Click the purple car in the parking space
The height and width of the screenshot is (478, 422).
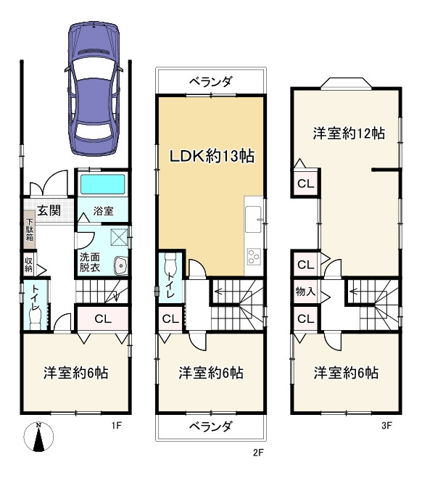coord(94,88)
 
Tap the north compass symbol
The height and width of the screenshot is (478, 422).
coord(38,437)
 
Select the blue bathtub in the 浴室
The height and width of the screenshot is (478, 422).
coord(103,184)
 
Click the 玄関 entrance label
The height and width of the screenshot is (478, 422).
coord(49,210)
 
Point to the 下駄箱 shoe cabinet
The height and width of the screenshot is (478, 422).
coord(30,229)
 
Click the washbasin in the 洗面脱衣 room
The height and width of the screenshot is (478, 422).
coord(121,265)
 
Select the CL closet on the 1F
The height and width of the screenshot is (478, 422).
coord(103,319)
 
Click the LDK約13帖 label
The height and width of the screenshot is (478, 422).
coord(212,156)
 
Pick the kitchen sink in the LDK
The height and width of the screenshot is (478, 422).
coord(253,219)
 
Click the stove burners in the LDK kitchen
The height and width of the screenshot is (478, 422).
coord(254,257)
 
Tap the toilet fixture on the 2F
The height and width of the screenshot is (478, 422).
coord(170,263)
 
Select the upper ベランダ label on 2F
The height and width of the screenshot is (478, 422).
coord(211,81)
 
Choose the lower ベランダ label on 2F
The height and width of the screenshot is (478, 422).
coord(211,427)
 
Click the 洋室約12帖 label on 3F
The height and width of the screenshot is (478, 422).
coord(349,133)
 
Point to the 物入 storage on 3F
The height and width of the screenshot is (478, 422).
coord(305,292)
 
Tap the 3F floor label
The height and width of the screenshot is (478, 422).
coord(386,425)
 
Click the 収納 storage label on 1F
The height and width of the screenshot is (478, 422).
coord(29,265)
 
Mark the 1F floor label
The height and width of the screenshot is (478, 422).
coord(117,425)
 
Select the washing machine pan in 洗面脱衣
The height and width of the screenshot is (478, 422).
coord(119,237)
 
